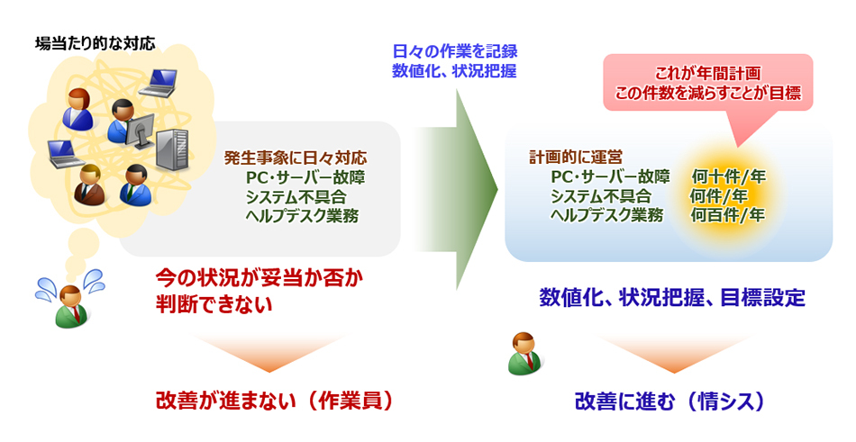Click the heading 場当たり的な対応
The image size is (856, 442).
point(95,42)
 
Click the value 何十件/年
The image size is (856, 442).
point(728,176)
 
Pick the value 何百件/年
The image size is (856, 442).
point(728,214)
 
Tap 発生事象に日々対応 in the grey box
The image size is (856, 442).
point(296,159)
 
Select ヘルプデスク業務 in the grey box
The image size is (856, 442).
point(302,216)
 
